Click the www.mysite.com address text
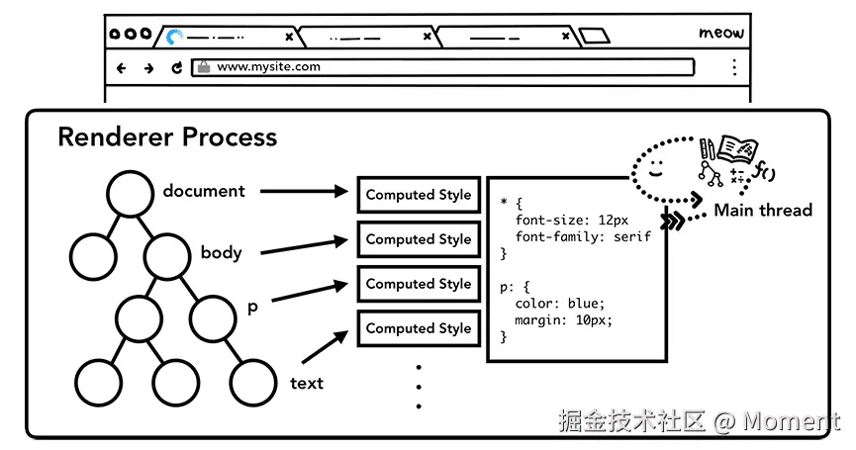(268, 67)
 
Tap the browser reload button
(177, 68)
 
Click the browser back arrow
(122, 68)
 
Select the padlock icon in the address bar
(204, 67)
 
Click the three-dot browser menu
(733, 67)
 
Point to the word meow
(720, 33)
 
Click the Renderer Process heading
(166, 136)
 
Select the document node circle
(131, 194)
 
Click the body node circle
(167, 254)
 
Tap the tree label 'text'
(307, 383)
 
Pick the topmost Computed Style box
(419, 195)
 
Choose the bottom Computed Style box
(419, 328)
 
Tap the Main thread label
(762, 210)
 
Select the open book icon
(736, 148)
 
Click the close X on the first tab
(289, 37)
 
